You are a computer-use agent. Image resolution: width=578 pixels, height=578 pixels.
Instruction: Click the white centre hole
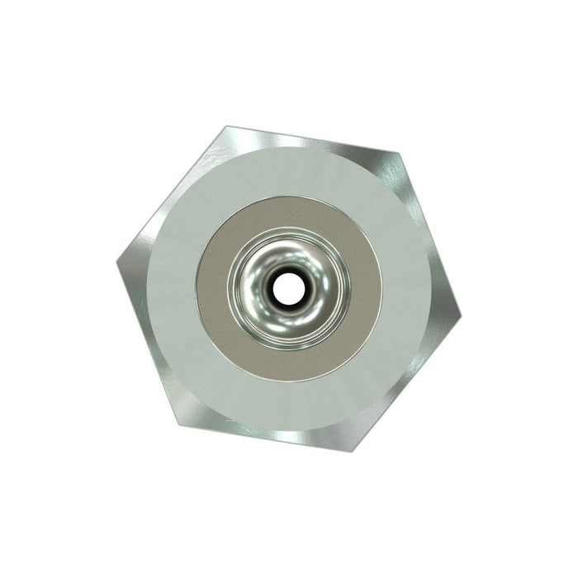[288, 288]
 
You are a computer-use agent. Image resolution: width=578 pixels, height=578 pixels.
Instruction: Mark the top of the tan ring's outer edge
[289, 196]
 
